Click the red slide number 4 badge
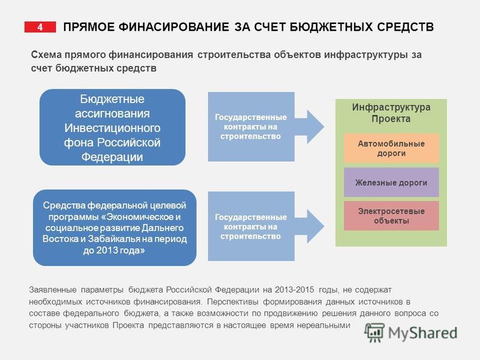pos(40,27)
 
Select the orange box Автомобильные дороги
pos(391,148)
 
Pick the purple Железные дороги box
pos(391,182)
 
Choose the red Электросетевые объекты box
pos(391,215)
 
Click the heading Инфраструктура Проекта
pos(391,113)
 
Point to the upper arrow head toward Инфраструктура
pos(316,127)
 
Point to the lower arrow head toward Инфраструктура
pos(316,227)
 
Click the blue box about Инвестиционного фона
pos(112,127)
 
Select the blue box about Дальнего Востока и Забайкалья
pos(115,227)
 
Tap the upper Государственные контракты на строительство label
pos(251,127)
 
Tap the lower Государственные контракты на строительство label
pos(251,227)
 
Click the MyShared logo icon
pos(374,332)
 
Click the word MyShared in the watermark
pos(422,333)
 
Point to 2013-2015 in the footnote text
pos(294,290)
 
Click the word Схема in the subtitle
pos(46,55)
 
